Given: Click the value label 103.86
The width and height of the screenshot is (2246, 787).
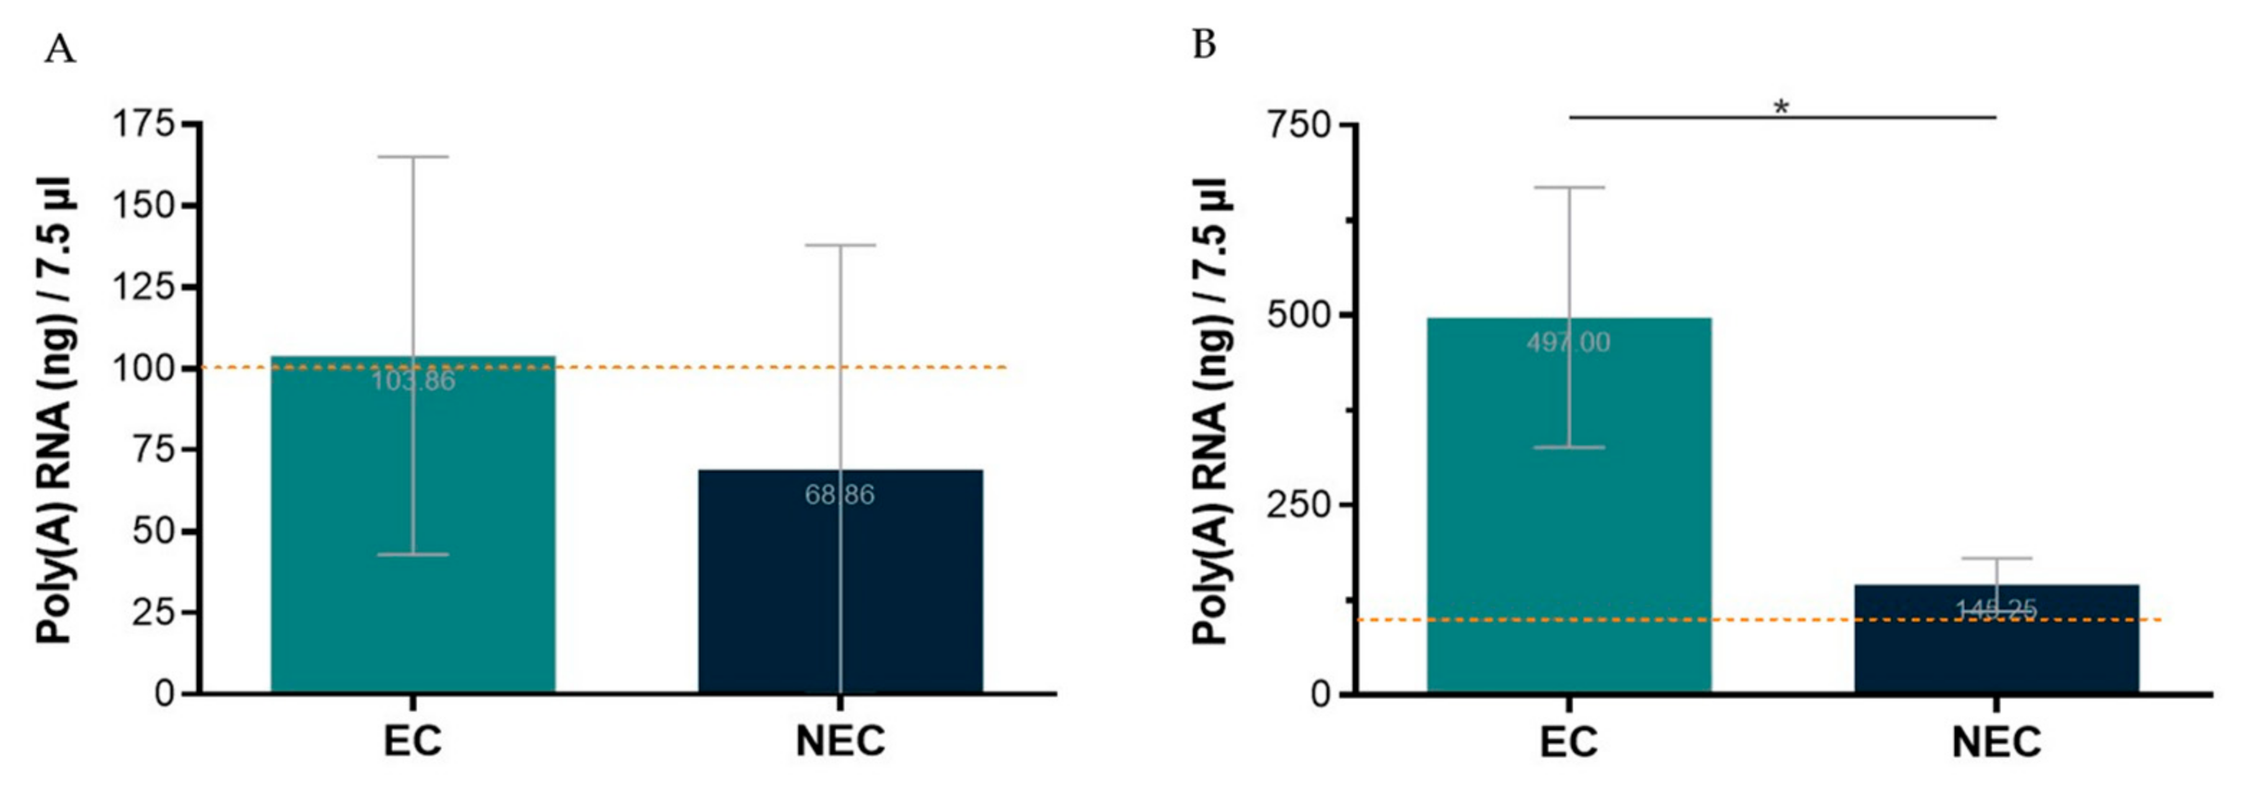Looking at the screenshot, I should (412, 382).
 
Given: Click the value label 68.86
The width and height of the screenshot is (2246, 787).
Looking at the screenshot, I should (839, 495).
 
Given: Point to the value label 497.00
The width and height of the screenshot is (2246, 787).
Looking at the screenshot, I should (1568, 342).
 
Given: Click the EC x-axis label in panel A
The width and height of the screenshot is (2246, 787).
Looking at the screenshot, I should (412, 742).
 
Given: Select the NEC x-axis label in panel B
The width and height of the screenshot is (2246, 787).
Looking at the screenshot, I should (1995, 742).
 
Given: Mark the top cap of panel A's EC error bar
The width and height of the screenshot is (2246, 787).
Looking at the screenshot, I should (412, 157).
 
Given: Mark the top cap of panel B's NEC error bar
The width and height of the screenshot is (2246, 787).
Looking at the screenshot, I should (1995, 558).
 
